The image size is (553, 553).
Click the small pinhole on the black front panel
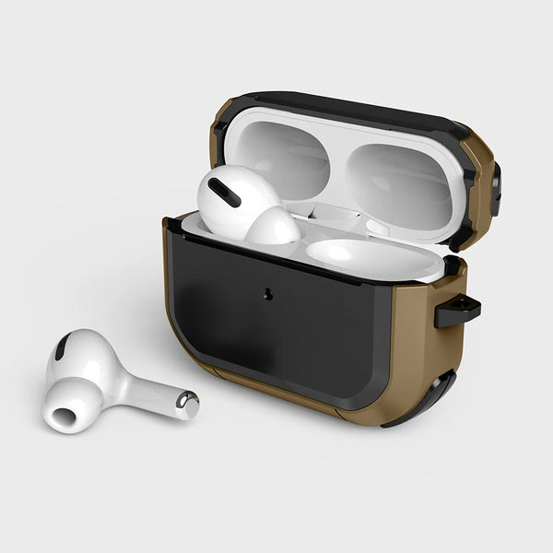[268, 295]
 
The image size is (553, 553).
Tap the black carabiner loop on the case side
[458, 312]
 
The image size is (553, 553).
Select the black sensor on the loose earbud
[62, 347]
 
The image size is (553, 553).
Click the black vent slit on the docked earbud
[224, 192]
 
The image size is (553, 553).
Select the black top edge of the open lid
[350, 106]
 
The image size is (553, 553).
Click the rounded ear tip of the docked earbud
[272, 227]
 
